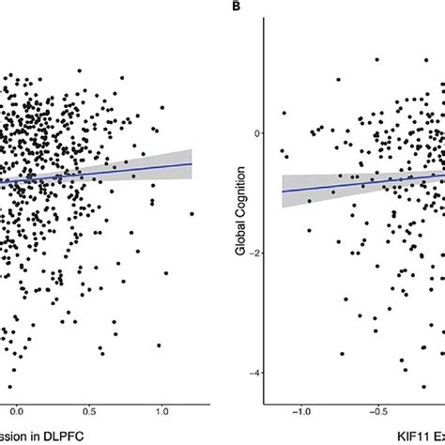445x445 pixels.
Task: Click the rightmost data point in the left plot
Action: (192, 214)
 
